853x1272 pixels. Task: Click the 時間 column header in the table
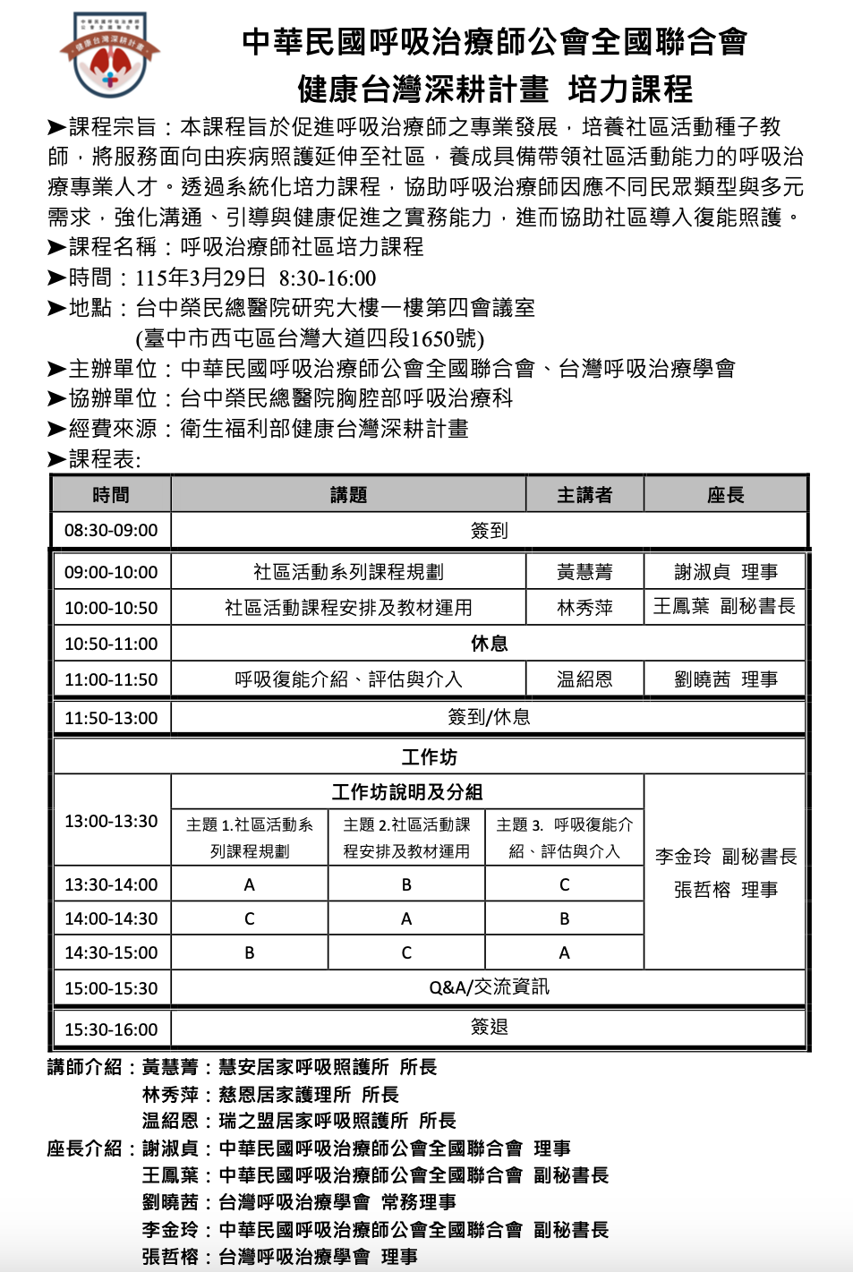click(111, 495)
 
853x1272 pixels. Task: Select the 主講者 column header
click(584, 495)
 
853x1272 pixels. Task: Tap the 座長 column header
click(725, 495)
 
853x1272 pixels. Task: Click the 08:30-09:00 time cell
click(111, 531)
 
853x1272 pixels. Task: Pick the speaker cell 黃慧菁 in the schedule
click(584, 572)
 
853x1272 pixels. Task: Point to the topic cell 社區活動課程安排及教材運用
click(348, 608)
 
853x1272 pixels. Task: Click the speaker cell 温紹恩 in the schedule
click(584, 679)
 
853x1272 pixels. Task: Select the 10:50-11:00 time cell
click(111, 644)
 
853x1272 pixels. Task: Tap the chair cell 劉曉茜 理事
click(725, 679)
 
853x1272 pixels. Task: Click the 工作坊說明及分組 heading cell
click(407, 792)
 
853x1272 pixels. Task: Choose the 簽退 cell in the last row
click(489, 1028)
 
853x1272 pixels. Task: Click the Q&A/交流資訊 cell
click(489, 987)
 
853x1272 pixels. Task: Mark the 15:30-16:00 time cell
click(111, 1029)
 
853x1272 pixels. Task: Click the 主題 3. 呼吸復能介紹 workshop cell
click(564, 838)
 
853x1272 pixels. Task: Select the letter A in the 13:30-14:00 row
click(250, 885)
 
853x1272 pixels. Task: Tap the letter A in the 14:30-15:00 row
click(564, 953)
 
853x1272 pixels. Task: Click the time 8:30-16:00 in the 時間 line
click(327, 278)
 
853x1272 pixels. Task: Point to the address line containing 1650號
click(310, 338)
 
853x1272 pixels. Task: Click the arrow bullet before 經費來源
click(56, 430)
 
